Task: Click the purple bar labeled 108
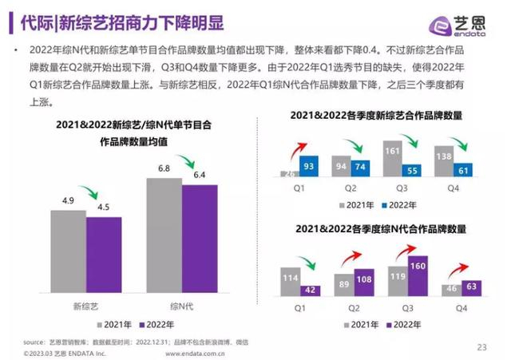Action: (x=362, y=283)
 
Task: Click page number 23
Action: (x=481, y=346)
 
